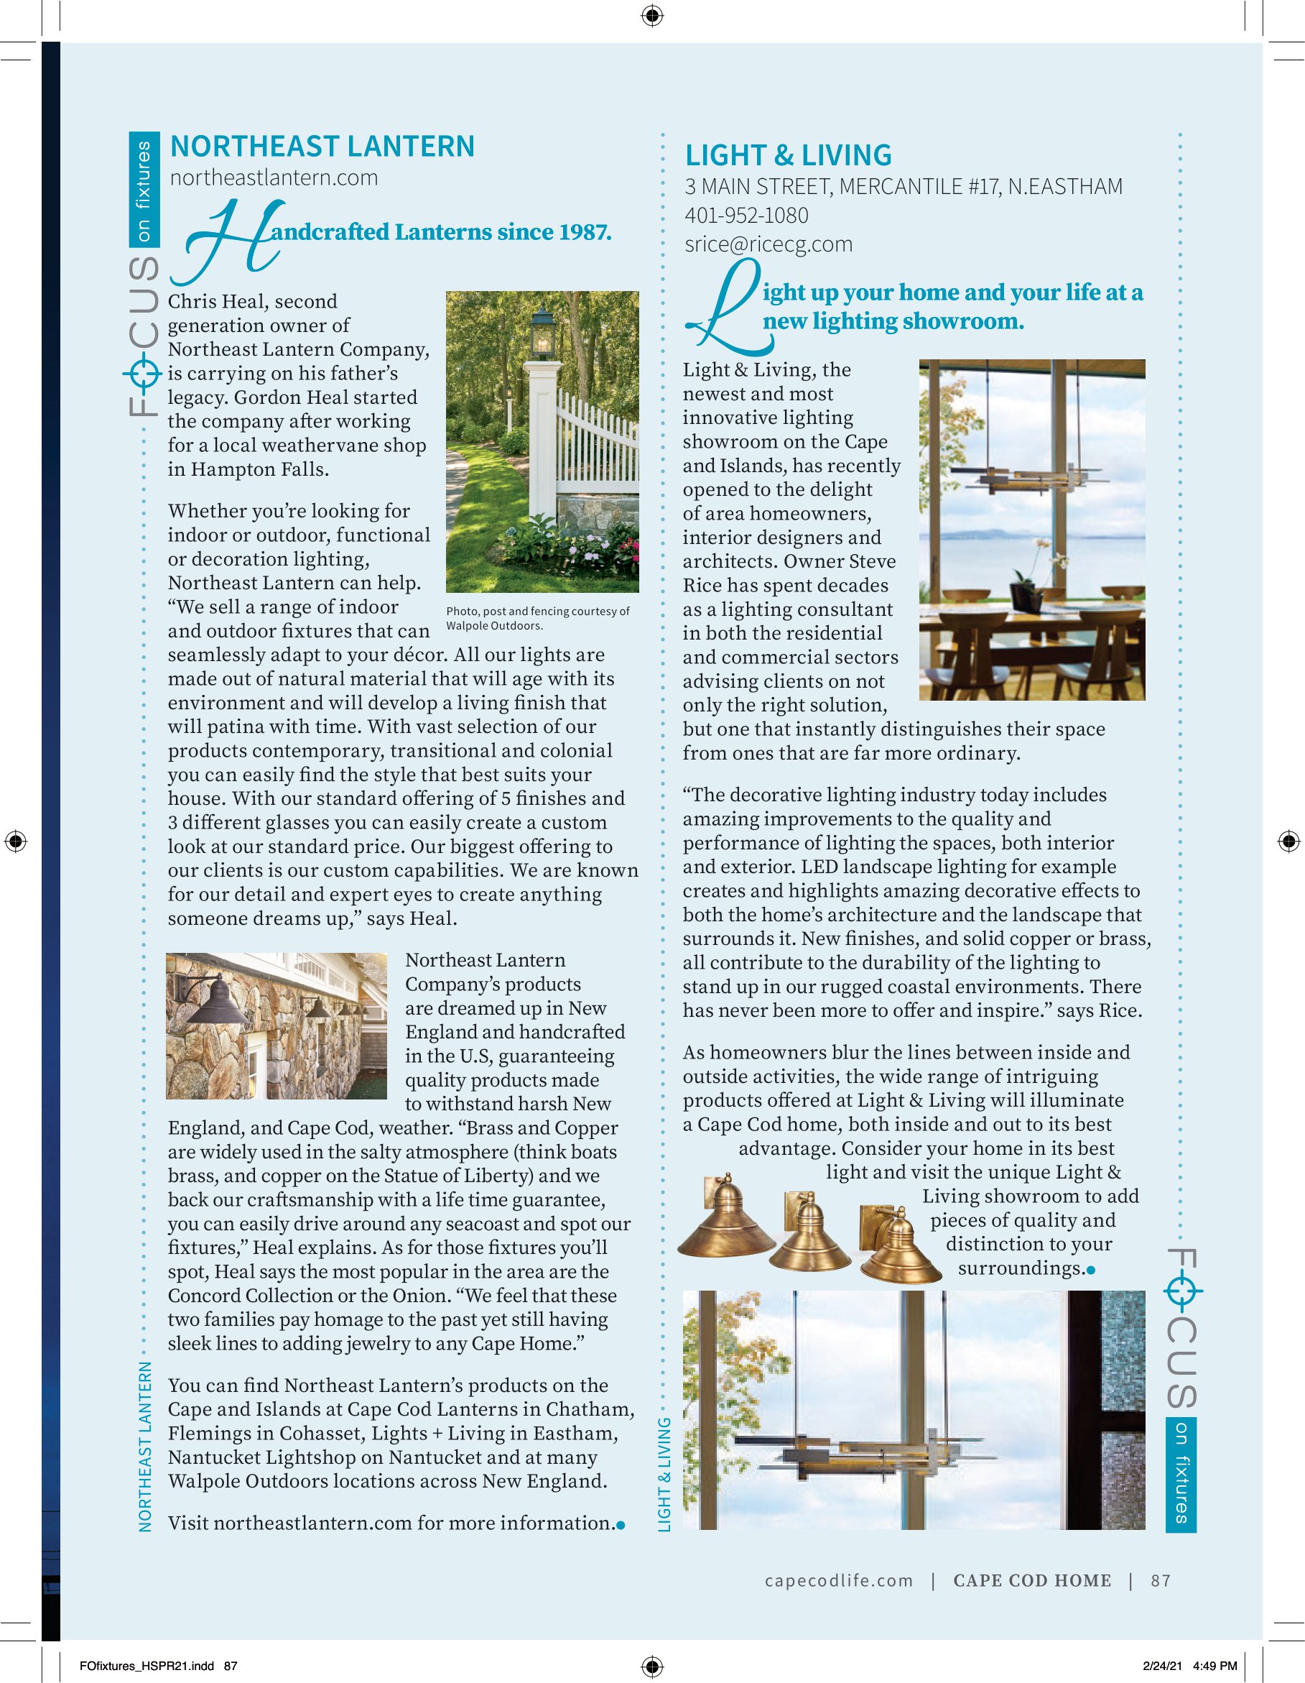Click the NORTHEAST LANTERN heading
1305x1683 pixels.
pos(322,147)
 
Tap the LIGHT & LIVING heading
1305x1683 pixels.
pos(788,156)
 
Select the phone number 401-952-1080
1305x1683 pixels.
pos(746,216)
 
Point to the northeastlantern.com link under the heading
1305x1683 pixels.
pos(274,178)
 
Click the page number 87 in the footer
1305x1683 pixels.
pos(1160,1580)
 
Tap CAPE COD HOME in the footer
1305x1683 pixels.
pos(1031,1580)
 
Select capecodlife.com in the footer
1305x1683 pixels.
pos(838,1580)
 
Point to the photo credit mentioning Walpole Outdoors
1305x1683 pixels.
pos(538,618)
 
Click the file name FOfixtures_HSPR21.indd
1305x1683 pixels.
pos(147,1665)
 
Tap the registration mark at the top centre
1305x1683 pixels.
pos(651,14)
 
